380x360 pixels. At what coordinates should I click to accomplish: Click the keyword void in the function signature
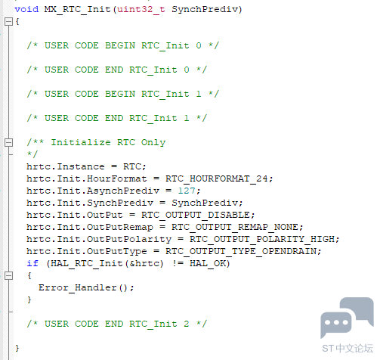coord(26,9)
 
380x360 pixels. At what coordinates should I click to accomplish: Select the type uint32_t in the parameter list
coord(141,9)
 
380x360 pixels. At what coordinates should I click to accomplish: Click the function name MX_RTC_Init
coord(77,10)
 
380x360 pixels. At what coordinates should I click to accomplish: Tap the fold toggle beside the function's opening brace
coord(8,21)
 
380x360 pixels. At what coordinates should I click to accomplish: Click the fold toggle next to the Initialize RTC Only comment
coord(8,142)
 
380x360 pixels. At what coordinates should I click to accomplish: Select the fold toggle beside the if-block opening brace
coord(8,275)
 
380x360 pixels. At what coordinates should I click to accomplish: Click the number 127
coord(187,191)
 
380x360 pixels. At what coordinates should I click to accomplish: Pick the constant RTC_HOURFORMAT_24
coord(217,178)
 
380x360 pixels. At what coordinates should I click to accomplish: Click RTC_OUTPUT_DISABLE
coord(196,215)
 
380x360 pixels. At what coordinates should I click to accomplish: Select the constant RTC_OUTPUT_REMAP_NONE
coord(235,227)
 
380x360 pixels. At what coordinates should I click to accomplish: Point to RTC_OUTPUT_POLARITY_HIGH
coord(262,239)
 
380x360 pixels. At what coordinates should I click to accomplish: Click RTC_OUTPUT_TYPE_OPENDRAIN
coord(241,251)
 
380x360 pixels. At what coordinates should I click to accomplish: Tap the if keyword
coord(32,263)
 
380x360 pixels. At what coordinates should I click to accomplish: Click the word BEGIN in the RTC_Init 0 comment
coord(120,45)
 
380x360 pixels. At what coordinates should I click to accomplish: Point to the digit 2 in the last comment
coord(187,324)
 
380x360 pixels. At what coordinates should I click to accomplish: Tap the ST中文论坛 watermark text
coord(348,349)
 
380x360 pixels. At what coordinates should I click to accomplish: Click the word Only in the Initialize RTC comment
coord(153,143)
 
